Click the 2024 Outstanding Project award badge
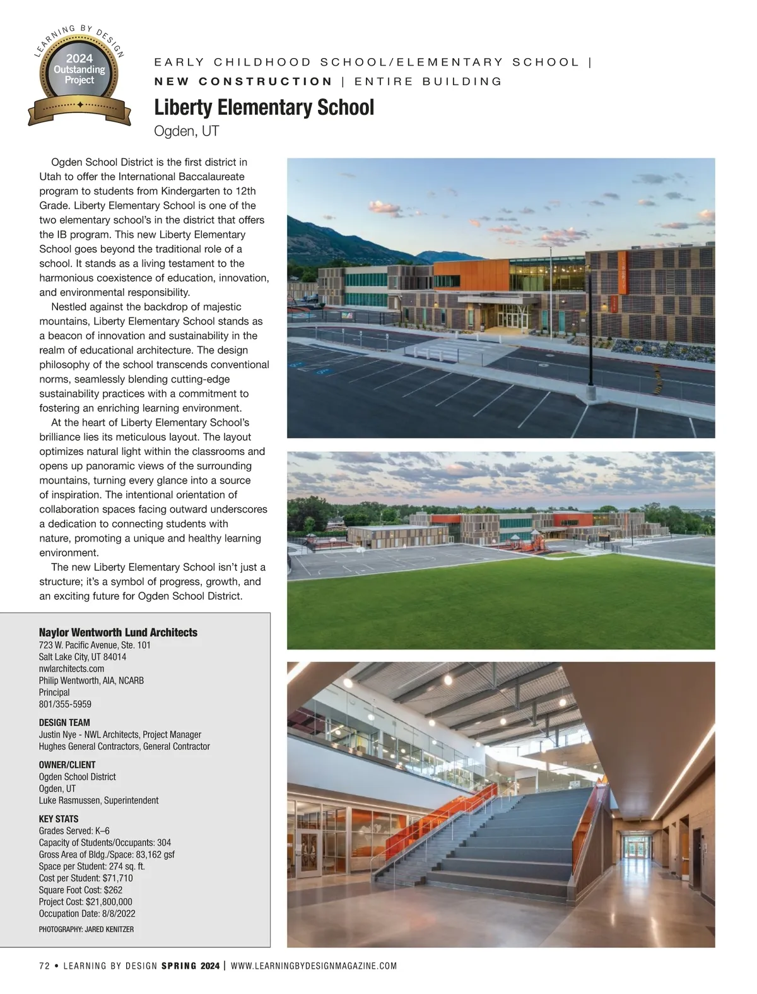[x=79, y=74]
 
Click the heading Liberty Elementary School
[x=264, y=108]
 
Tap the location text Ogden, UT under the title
[x=186, y=131]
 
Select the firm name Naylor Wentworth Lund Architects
[x=118, y=632]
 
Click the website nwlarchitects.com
[x=71, y=668]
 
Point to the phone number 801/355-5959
[x=65, y=704]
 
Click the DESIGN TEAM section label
[x=64, y=723]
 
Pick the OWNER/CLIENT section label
[x=67, y=765]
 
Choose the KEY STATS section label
[x=59, y=819]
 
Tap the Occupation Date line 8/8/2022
[x=87, y=913]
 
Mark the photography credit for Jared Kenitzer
[x=86, y=929]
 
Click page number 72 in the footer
[x=44, y=966]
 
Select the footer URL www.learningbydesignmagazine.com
[x=314, y=966]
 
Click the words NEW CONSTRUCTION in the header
[x=244, y=81]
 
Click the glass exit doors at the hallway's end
[x=633, y=846]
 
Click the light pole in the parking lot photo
[x=590, y=328]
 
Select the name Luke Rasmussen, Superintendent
[x=98, y=800]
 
